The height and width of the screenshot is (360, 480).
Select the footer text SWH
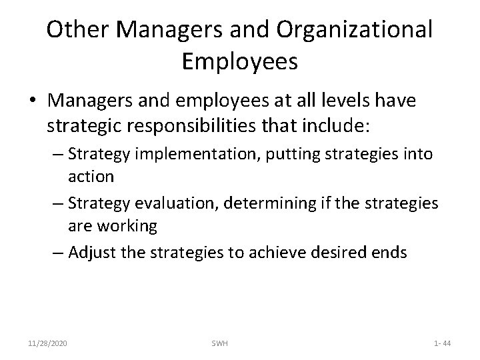221,343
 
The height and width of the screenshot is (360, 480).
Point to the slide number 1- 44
441,343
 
